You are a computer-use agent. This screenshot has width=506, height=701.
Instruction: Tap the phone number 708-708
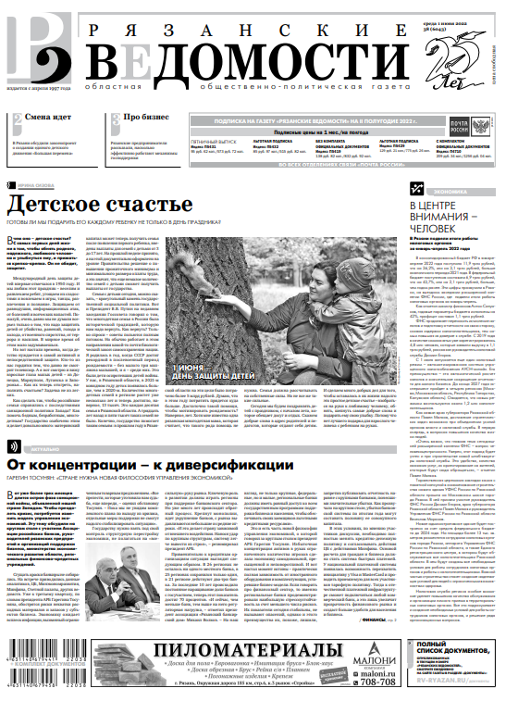coord(377,681)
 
